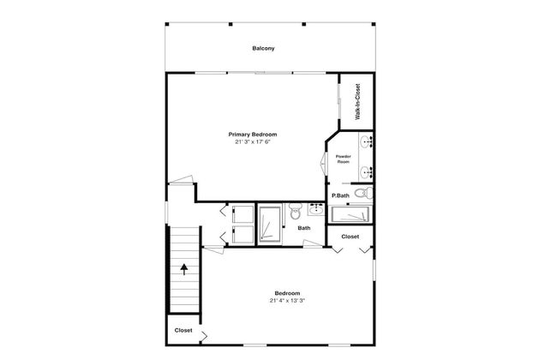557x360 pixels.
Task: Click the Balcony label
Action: (x=263, y=48)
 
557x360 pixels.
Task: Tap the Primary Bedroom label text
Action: (x=253, y=135)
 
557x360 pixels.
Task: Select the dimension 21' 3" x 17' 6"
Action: (x=253, y=141)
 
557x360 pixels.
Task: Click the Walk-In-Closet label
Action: (x=357, y=102)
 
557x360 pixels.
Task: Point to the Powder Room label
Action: (x=343, y=159)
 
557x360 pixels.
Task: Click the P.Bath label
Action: (x=340, y=195)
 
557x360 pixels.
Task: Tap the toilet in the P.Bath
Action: (x=363, y=194)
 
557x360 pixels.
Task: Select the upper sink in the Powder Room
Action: (x=366, y=143)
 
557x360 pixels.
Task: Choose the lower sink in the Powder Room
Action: (x=366, y=173)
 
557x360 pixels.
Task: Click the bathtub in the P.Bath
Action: (x=350, y=214)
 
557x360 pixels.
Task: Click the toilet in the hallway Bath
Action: (x=295, y=211)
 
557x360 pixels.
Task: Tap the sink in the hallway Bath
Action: (x=316, y=209)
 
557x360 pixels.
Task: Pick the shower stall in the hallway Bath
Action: (x=270, y=224)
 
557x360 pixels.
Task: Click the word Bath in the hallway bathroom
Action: (x=304, y=228)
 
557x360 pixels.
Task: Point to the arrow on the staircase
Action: (x=184, y=270)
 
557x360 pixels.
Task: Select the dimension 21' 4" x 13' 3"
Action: (x=287, y=301)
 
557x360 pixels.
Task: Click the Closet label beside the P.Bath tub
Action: (x=350, y=237)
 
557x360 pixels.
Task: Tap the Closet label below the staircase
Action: (x=183, y=331)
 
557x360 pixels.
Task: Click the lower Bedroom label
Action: (x=287, y=293)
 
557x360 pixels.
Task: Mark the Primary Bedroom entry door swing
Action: (x=181, y=180)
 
